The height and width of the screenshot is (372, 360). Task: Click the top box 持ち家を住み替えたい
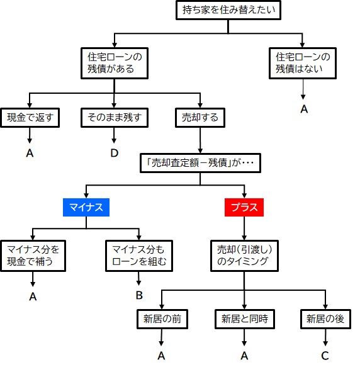[x=228, y=10]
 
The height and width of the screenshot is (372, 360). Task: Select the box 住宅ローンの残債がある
[x=115, y=63]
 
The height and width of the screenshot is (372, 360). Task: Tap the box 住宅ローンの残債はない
[x=303, y=63]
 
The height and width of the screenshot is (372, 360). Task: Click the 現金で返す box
[x=30, y=118]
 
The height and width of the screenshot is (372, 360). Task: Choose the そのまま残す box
[x=115, y=118]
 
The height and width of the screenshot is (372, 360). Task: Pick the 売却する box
[x=200, y=118]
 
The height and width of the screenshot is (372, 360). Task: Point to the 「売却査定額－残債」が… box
[x=200, y=163]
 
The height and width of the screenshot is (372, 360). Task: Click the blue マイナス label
[x=86, y=207]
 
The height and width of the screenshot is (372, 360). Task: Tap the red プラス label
[x=244, y=207]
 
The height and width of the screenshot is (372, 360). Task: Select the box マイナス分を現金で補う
[x=33, y=256]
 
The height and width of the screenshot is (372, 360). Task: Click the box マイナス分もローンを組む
[x=139, y=256]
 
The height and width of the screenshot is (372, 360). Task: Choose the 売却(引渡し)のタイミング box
[x=244, y=256]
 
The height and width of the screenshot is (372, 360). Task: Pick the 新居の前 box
[x=162, y=319]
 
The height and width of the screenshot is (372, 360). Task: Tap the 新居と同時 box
[x=245, y=319]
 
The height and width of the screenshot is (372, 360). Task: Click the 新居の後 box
[x=325, y=319]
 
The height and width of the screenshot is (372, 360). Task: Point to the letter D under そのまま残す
[x=115, y=153]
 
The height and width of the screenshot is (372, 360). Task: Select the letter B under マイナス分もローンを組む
[x=139, y=295]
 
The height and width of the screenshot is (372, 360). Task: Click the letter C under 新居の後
[x=325, y=356]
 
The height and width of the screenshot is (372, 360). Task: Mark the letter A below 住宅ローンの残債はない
[x=304, y=109]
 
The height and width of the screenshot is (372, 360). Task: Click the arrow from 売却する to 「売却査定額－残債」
[x=200, y=140]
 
